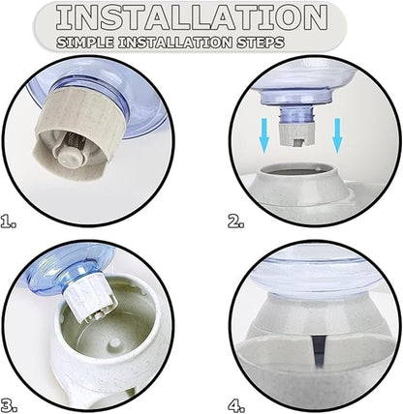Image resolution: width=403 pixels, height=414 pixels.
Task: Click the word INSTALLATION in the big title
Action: [192, 18]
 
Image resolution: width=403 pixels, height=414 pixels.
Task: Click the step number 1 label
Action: [8, 222]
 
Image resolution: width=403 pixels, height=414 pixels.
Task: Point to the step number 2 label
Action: [236, 222]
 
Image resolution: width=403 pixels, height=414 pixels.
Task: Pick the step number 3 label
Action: [9, 405]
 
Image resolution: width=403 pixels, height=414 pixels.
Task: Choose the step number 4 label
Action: [236, 404]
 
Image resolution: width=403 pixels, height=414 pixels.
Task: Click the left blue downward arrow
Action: [264, 135]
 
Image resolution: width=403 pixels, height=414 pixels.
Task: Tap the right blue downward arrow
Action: [337, 135]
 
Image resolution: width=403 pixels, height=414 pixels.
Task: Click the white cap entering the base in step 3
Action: [91, 299]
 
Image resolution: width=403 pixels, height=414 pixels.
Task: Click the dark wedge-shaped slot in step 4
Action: [318, 351]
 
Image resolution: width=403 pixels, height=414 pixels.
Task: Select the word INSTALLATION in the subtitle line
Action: [174, 43]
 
